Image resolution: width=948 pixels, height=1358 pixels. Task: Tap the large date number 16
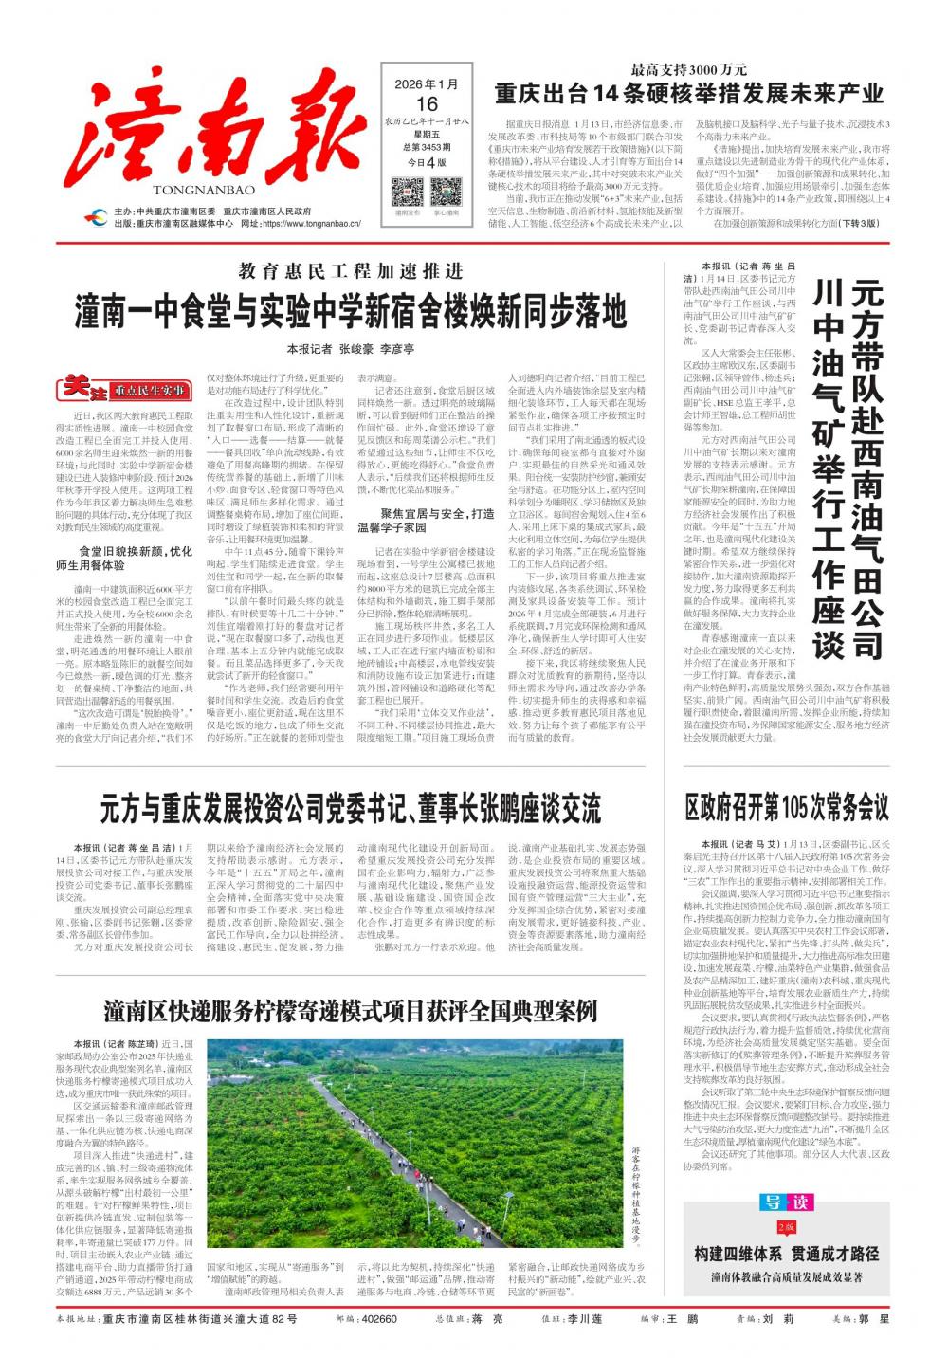coord(426,103)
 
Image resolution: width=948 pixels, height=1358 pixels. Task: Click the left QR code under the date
coord(408,192)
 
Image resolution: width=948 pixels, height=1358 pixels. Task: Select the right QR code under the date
coord(447,192)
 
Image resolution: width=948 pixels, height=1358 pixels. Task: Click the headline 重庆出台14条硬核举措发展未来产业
coord(688,93)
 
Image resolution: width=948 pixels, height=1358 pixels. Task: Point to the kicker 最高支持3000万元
coord(689,68)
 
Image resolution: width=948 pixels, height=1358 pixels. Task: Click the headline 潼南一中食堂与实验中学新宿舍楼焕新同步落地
coord(351,311)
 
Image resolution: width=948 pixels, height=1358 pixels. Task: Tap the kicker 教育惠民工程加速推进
coord(351,271)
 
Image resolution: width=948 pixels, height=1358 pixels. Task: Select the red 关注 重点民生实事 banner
coord(124,389)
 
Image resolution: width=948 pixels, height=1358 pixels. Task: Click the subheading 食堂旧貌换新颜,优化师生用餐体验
coord(122,558)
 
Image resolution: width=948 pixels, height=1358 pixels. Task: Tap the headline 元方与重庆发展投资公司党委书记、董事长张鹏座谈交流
coord(351,808)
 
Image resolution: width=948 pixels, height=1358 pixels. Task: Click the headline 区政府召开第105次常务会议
coord(787,808)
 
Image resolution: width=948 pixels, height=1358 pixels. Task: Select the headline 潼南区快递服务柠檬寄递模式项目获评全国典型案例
coord(351,1010)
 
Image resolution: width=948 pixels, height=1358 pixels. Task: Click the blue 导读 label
coord(787,1202)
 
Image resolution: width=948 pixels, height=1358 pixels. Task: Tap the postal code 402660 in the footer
coord(378,1319)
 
